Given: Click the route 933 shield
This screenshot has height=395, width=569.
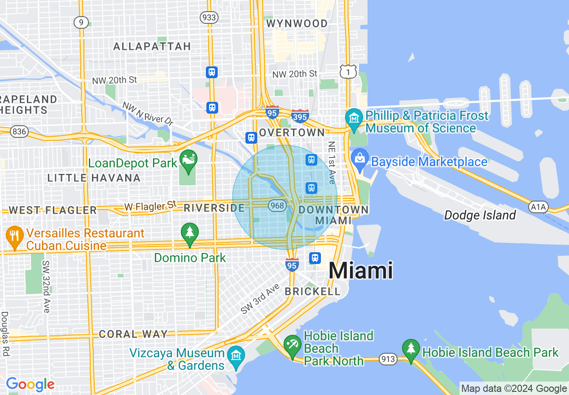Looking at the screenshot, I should [209, 18].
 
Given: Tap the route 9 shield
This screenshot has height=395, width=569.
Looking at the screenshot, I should [81, 22].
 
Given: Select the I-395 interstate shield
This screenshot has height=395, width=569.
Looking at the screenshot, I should [299, 116].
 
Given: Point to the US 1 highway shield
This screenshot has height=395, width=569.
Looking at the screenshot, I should [348, 71].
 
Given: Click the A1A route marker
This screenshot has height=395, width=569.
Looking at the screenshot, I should [538, 207].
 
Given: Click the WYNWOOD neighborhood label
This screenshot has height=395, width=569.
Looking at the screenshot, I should [297, 23].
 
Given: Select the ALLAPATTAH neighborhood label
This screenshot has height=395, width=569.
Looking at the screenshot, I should [152, 46].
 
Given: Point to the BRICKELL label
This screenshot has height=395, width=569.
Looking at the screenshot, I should [313, 291].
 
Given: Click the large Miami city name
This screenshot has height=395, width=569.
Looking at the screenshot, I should [361, 271].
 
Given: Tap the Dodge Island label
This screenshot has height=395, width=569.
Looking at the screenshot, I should [480, 215].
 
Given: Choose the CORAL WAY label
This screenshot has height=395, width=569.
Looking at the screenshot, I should [133, 334].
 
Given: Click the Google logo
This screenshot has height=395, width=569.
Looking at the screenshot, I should [30, 384].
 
